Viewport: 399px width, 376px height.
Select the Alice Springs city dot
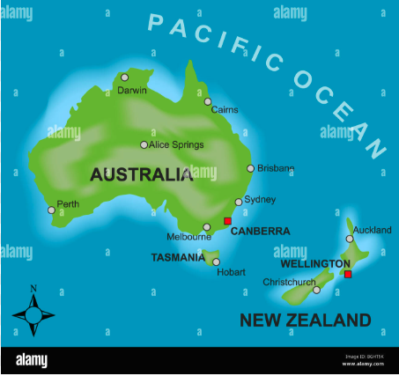[144, 144]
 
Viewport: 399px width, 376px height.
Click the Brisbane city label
[277, 168]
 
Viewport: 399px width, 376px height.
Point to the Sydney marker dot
[238, 202]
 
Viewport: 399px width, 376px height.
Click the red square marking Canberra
[227, 221]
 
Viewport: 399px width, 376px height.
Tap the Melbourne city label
[188, 236]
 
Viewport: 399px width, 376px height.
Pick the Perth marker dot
[51, 210]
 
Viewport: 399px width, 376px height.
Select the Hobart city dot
[217, 262]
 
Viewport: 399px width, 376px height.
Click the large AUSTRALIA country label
[141, 174]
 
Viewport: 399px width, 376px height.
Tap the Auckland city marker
[350, 238]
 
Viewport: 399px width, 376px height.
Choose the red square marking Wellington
[348, 275]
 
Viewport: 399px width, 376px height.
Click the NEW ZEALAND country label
[305, 319]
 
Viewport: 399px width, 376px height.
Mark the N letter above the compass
[33, 288]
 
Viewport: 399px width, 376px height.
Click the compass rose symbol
[33, 313]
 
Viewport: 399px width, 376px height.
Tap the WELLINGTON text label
[314, 263]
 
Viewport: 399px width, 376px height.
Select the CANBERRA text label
[260, 232]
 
